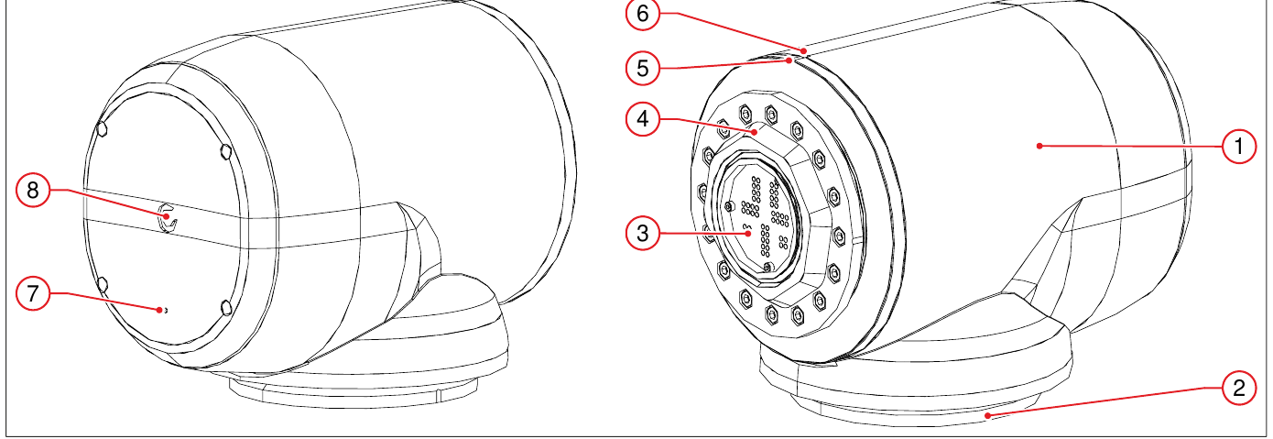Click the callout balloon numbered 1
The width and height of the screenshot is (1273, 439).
[x=1239, y=147]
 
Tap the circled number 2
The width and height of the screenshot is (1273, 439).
[x=1239, y=389]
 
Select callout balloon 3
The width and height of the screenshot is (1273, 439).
[x=643, y=233]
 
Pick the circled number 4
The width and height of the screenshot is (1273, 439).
[x=643, y=119]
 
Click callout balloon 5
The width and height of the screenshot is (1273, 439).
[x=643, y=68]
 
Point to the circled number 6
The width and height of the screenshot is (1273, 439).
[x=643, y=14]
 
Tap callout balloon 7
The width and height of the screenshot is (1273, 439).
[x=33, y=293]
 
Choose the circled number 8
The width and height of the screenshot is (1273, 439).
[x=33, y=190]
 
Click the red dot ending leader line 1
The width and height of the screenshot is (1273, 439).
[x=1039, y=146]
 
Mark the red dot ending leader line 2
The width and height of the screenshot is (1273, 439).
[x=988, y=416]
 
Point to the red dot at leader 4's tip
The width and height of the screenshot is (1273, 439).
[x=755, y=132]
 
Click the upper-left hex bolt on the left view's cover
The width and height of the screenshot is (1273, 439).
[x=103, y=128]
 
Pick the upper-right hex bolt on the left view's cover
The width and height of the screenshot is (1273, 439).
[x=225, y=152]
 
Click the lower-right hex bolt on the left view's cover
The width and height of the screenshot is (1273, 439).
[x=225, y=308]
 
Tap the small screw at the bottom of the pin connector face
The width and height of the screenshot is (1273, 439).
[x=767, y=267]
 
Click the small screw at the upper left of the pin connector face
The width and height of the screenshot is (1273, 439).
[x=729, y=206]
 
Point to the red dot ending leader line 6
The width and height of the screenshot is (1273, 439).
[x=804, y=51]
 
